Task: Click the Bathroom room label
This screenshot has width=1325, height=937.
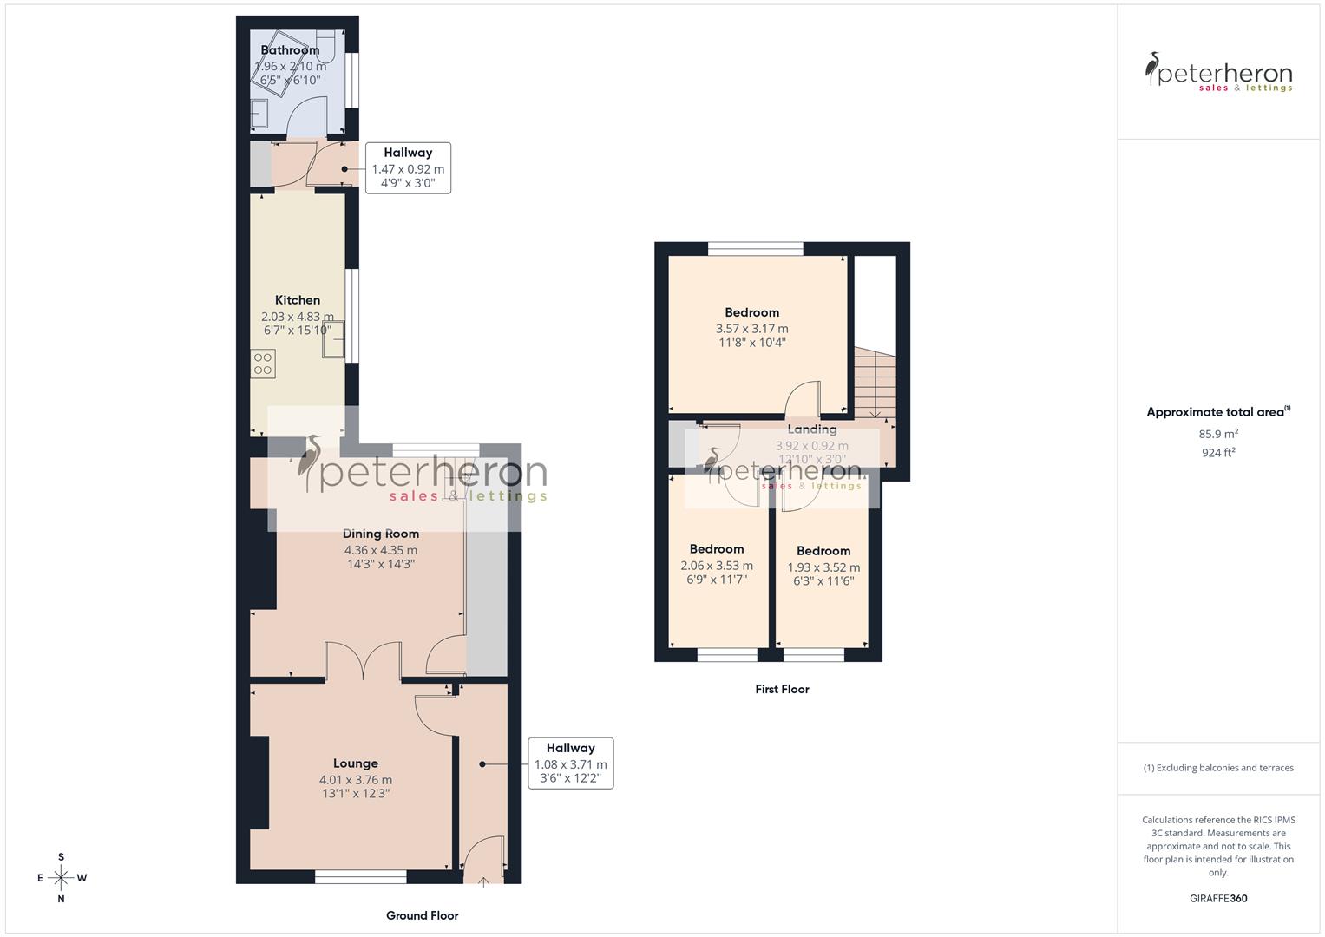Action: [x=290, y=50]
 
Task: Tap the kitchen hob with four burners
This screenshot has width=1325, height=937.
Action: [x=263, y=364]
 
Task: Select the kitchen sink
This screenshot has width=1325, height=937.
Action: [x=333, y=339]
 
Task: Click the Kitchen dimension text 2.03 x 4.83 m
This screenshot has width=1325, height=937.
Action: [x=297, y=317]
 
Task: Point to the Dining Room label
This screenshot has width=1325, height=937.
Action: [x=380, y=534]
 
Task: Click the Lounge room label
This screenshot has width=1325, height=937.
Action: [x=355, y=763]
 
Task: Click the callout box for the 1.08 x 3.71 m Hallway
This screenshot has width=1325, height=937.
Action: [x=570, y=763]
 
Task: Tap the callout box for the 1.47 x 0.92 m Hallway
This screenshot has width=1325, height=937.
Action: [x=408, y=167]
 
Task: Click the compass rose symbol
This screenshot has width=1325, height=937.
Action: [x=61, y=878]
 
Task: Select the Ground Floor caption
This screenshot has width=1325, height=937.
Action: [x=422, y=915]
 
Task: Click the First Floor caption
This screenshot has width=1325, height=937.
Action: [x=782, y=689]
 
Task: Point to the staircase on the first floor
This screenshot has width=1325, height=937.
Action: [x=872, y=382]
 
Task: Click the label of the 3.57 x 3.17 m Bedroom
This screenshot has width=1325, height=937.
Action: [x=751, y=312]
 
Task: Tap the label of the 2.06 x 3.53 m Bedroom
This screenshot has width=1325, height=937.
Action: [x=717, y=549]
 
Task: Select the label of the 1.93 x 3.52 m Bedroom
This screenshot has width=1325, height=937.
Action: [x=823, y=551]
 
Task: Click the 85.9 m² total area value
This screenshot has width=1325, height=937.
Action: [x=1217, y=434]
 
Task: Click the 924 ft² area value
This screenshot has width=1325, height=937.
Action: [x=1217, y=453]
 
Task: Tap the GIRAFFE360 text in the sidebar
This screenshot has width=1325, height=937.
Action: [x=1217, y=898]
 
